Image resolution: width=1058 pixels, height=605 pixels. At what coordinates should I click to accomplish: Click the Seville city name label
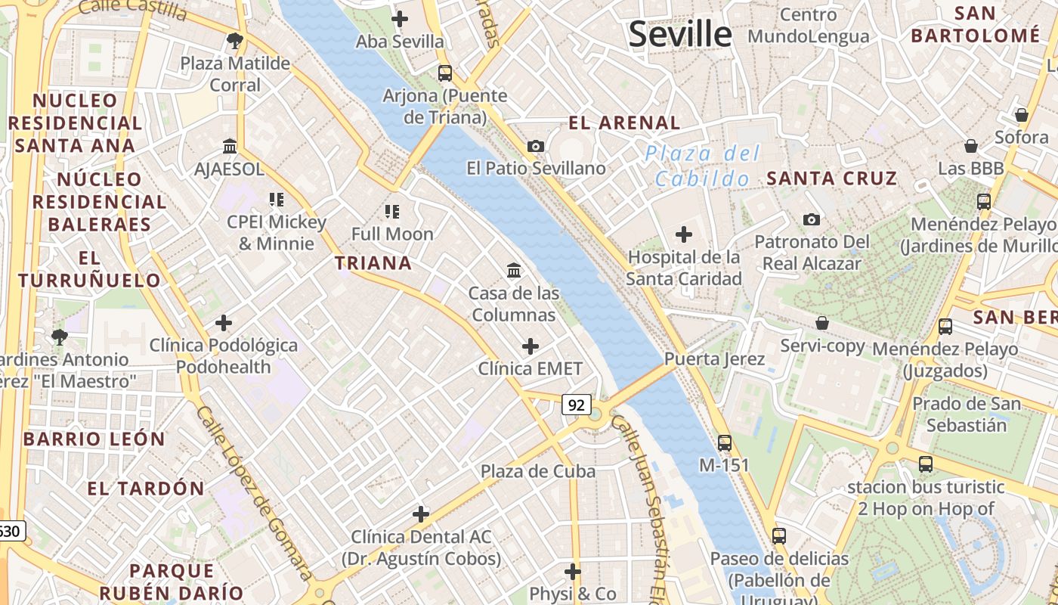click(680, 35)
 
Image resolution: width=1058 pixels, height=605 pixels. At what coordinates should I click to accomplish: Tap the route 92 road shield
click(576, 405)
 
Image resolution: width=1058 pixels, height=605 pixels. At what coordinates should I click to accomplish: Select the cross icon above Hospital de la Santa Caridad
click(684, 234)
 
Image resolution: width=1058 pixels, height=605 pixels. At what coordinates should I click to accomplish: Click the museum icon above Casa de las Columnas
click(514, 270)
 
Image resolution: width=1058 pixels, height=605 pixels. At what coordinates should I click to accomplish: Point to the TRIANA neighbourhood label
click(373, 263)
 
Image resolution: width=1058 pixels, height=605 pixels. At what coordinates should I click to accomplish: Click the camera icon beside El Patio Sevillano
click(536, 146)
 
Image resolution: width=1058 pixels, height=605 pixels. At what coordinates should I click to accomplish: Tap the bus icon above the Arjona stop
click(445, 73)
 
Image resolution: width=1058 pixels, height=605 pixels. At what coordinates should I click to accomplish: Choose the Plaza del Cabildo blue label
click(702, 166)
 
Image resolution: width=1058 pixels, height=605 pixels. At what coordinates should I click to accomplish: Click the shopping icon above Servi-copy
click(822, 324)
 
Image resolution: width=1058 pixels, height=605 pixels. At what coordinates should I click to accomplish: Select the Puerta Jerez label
click(715, 358)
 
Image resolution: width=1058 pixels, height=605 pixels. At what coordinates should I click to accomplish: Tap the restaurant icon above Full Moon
click(391, 211)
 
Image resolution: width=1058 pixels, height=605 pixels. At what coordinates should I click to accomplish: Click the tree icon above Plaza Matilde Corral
click(235, 40)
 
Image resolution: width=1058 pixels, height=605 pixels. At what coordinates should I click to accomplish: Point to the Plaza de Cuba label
click(538, 471)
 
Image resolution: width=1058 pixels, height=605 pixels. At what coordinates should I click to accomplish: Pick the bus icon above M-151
click(724, 442)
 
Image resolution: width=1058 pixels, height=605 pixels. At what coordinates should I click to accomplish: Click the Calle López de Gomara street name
click(253, 492)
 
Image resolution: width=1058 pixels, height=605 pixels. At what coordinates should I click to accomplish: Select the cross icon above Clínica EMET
click(531, 346)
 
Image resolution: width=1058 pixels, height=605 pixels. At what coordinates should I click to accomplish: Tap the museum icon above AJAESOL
click(230, 146)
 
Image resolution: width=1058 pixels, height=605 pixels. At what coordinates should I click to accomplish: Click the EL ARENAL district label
click(624, 123)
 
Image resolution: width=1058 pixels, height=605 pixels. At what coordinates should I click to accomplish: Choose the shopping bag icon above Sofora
click(1021, 115)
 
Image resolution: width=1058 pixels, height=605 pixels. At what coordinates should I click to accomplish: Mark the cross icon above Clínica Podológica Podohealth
click(224, 323)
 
